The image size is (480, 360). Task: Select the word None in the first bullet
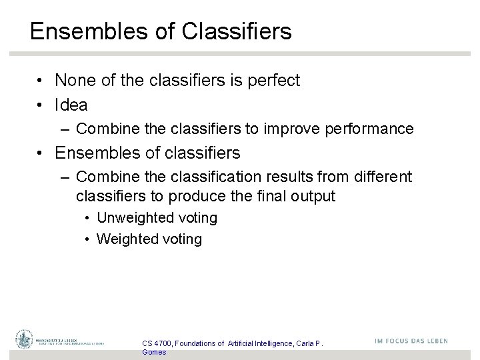[76, 81]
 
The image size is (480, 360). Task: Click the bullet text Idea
[71, 105]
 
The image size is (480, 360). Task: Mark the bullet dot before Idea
[41, 105]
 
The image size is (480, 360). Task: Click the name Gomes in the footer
[154, 352]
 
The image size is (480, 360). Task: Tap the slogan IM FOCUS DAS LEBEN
[411, 341]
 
